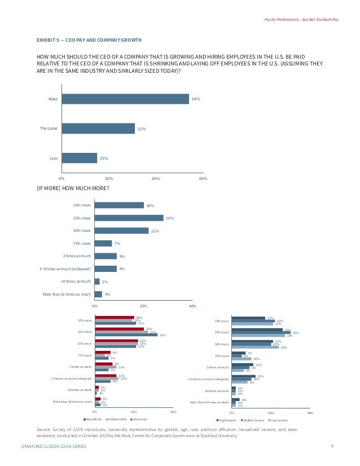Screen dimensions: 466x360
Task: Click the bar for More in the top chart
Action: tap(125, 99)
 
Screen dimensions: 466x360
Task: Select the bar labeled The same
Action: tap(98, 129)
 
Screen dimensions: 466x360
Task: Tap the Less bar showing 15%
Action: tap(80, 158)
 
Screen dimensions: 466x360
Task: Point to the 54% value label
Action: tap(196, 99)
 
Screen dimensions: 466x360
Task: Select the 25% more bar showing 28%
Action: tap(129, 218)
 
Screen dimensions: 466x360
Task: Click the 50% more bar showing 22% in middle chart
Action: tap(122, 230)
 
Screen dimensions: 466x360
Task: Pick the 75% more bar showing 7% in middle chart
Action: tap(104, 243)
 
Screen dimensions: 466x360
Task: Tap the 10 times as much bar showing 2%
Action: tap(98, 281)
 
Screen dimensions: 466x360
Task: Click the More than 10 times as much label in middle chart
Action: tap(67, 294)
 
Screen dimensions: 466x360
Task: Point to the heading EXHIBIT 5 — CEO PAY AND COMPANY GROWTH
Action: tap(89, 40)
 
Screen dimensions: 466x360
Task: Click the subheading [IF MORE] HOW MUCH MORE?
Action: tap(73, 188)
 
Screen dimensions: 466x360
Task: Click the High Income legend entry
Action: tap(227, 420)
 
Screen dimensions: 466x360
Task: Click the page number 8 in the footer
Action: tap(332, 446)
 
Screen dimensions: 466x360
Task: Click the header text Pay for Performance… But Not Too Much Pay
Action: tap(301, 20)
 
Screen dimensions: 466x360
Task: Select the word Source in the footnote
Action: tap(43, 429)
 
